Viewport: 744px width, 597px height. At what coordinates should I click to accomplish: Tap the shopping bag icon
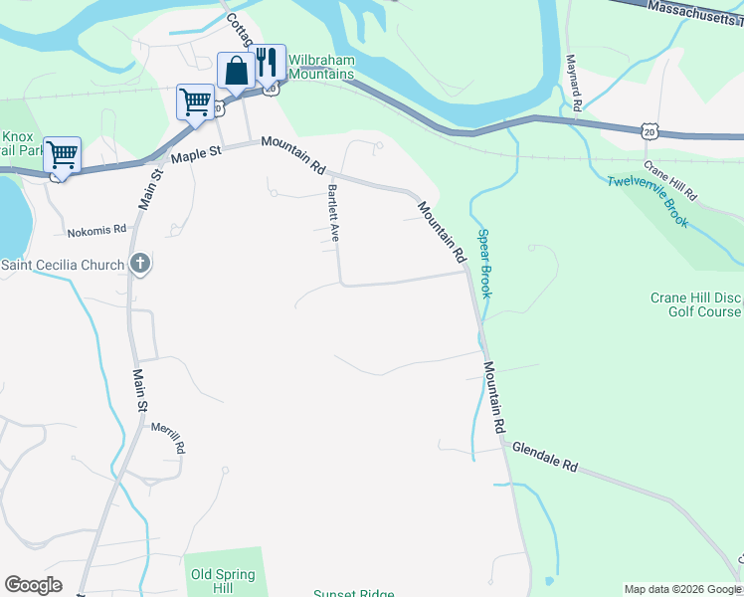236,71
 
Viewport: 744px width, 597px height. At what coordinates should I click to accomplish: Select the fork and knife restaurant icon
267,62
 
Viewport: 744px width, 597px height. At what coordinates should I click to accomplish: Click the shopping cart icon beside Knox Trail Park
62,154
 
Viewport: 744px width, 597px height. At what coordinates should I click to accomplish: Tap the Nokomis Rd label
97,231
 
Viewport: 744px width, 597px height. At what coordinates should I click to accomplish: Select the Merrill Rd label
168,438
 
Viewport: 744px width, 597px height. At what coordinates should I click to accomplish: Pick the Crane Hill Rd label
670,179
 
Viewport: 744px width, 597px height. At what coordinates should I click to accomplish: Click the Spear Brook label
484,264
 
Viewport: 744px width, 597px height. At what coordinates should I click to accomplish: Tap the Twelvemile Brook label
648,202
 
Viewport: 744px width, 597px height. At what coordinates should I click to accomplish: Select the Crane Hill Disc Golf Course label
695,304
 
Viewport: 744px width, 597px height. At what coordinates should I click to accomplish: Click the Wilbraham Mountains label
320,67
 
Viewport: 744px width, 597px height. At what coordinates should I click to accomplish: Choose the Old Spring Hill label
223,581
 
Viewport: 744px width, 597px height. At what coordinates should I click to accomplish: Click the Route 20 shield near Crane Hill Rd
649,130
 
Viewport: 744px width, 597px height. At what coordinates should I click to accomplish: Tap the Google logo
34,585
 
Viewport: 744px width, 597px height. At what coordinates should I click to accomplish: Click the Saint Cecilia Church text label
63,265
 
